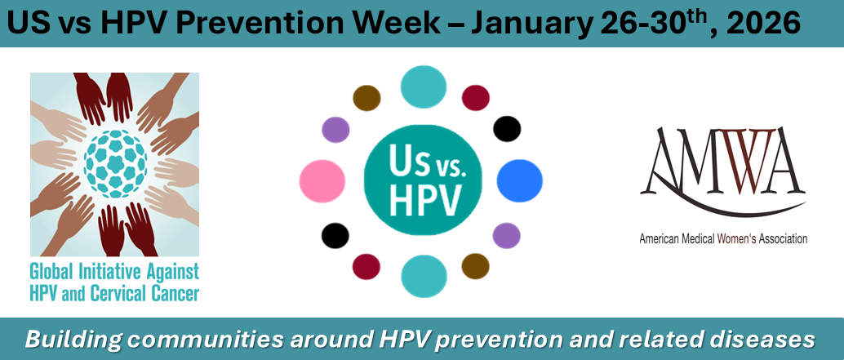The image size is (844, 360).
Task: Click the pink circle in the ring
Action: pyautogui.click(x=322, y=180)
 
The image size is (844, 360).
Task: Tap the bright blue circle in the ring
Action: pyautogui.click(x=519, y=180)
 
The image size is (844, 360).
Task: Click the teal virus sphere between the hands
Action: pyautogui.click(x=115, y=163)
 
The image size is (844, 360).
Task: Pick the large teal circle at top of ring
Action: pyautogui.click(x=424, y=87)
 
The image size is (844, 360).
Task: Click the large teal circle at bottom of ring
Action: pyautogui.click(x=424, y=276)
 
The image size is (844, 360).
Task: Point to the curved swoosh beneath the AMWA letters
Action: pyautogui.click(x=722, y=202)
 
